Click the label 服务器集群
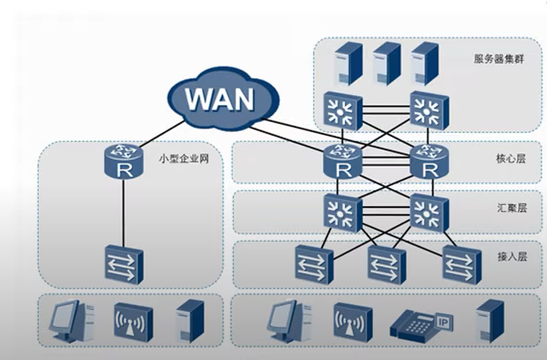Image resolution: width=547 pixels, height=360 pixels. tap(499, 59)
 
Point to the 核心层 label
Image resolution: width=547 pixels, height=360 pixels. tap(510, 159)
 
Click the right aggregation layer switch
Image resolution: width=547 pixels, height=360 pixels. tap(429, 212)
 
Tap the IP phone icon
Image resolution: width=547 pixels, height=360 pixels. tap(418, 323)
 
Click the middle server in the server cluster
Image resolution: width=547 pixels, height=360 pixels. tap(386, 63)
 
